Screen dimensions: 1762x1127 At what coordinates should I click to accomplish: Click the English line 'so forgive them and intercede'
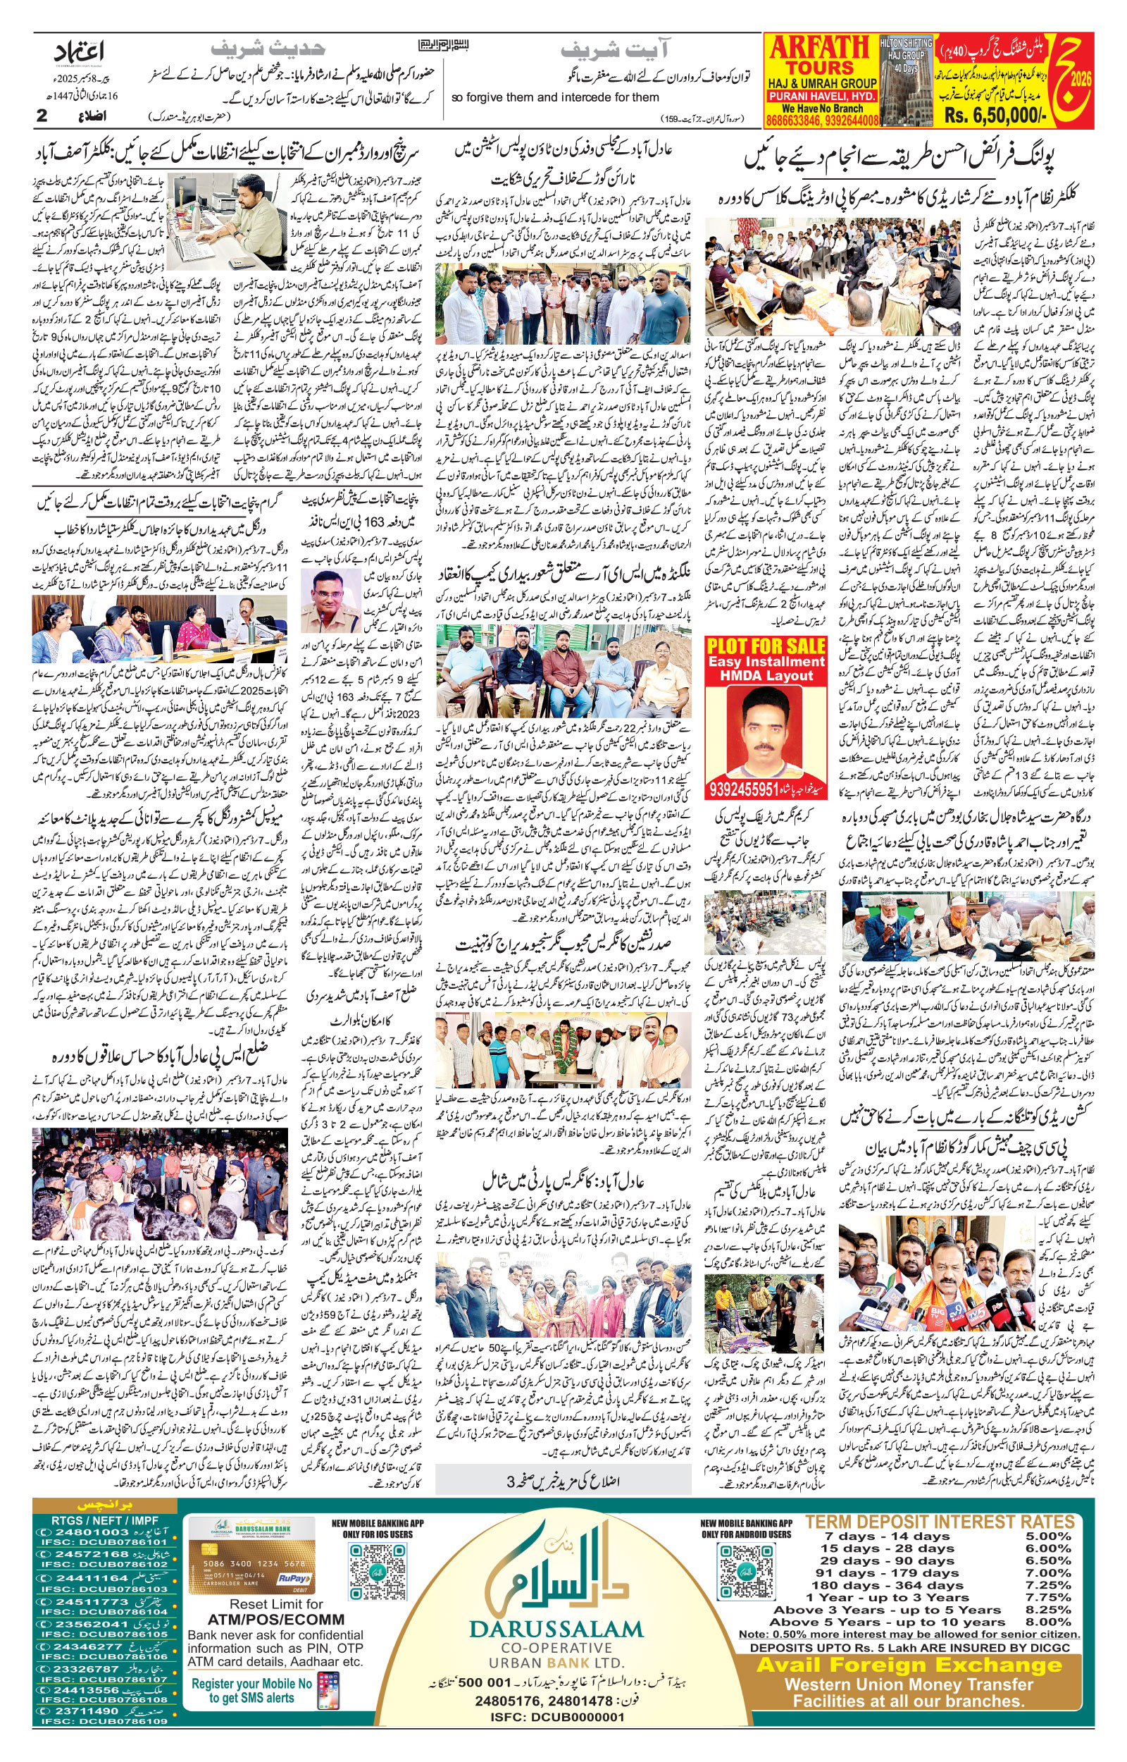pyautogui.click(x=556, y=97)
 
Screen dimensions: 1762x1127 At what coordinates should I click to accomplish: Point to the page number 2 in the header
pyautogui.click(x=42, y=116)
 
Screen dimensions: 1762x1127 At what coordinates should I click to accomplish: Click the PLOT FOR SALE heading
pyautogui.click(x=766, y=646)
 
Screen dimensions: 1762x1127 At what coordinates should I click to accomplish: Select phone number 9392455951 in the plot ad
pyautogui.click(x=744, y=789)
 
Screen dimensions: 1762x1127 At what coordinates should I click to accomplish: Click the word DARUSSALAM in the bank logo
pyautogui.click(x=556, y=1629)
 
